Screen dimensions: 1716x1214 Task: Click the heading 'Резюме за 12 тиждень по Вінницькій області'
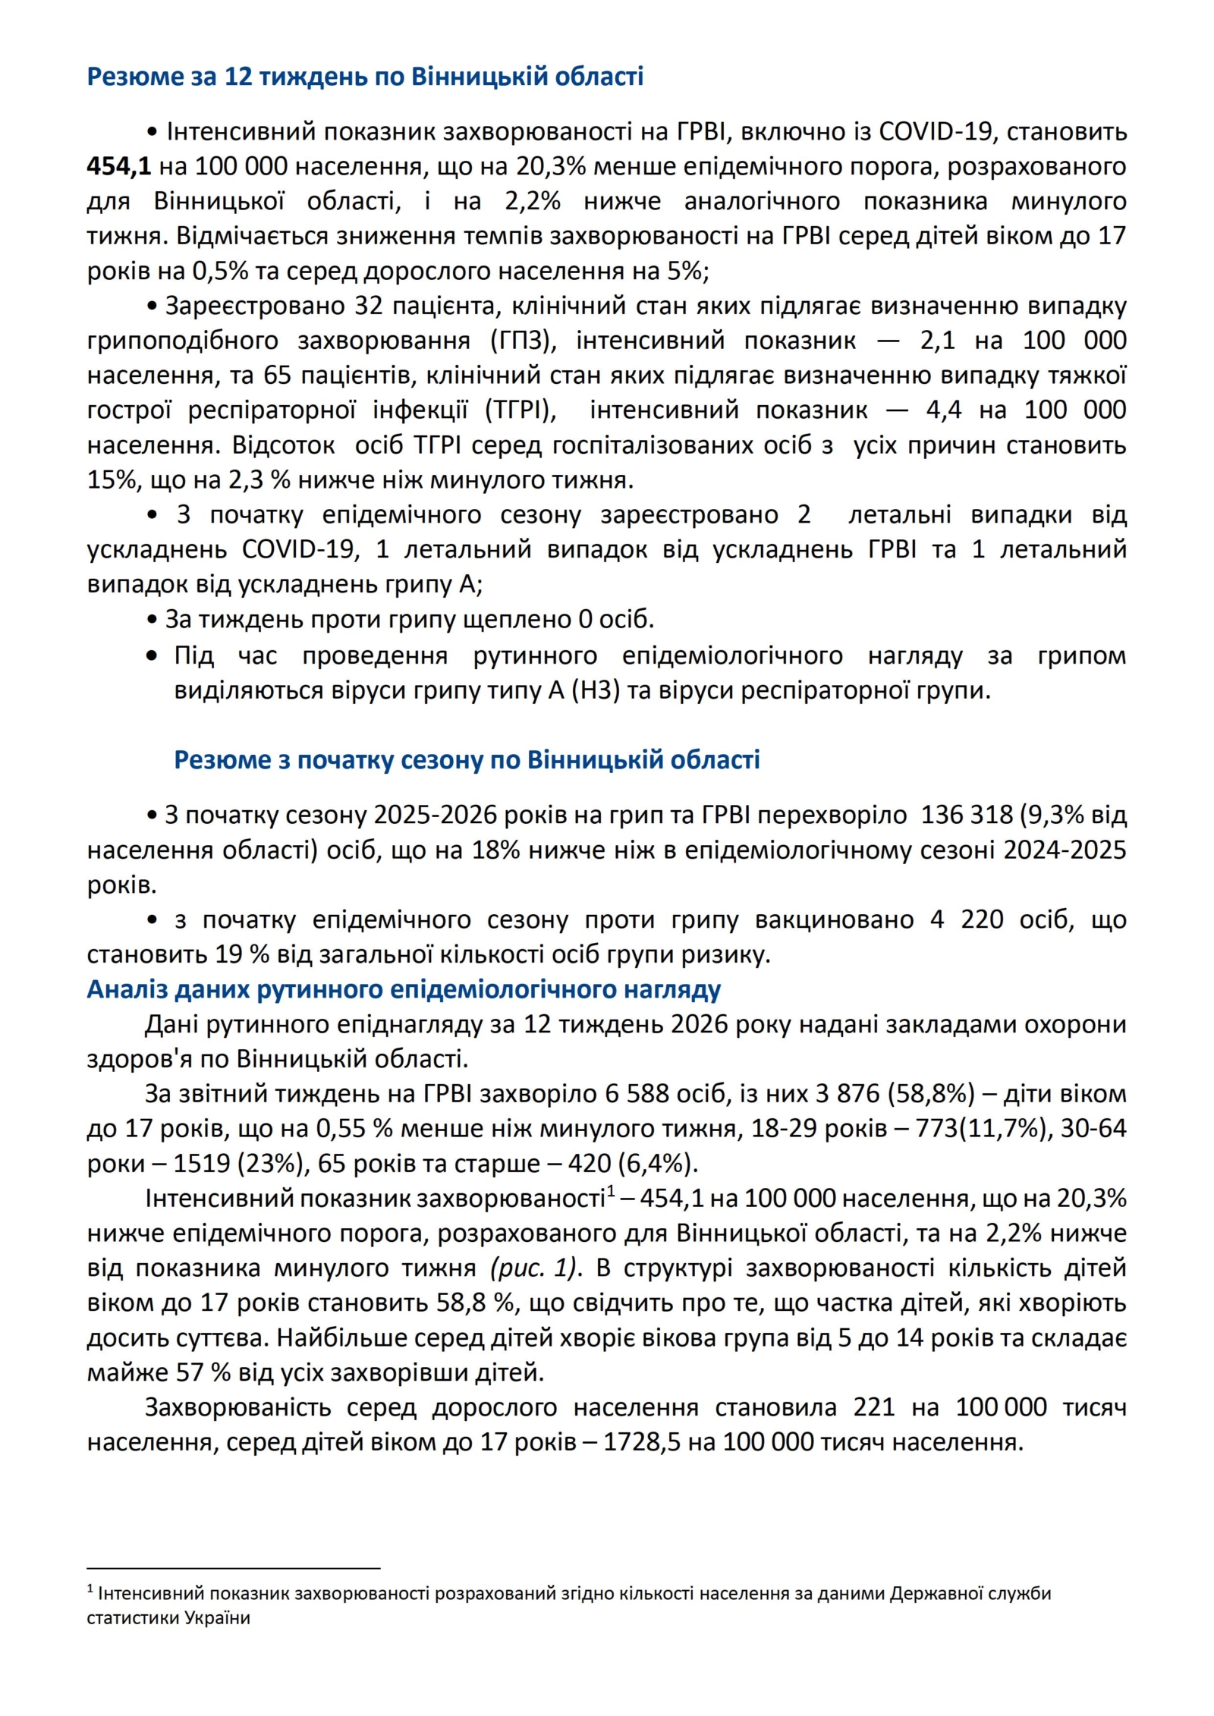tap(365, 77)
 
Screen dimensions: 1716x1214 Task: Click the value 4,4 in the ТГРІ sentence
tap(943, 410)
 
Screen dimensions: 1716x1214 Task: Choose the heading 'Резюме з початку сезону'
tap(467, 759)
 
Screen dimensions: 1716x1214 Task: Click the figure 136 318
tap(967, 815)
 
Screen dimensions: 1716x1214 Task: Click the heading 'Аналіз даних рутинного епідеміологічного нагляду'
tap(404, 989)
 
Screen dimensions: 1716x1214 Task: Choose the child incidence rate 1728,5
tap(642, 1441)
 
